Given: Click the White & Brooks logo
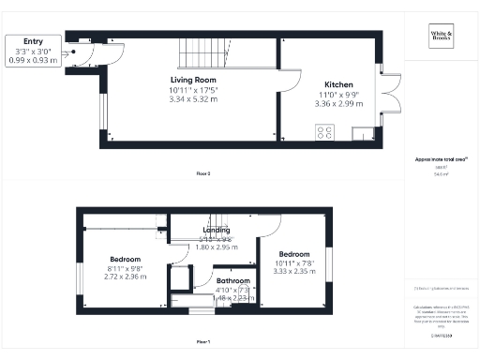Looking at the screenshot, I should tap(441, 37).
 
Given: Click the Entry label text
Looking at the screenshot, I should tap(33, 42).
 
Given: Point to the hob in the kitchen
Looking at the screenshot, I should tap(324, 133).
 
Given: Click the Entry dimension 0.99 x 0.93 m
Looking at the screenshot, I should tap(33, 60).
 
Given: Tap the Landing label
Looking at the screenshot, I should tap(217, 230).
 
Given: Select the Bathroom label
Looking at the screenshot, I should tap(232, 280).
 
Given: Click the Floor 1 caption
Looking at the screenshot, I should tap(203, 340).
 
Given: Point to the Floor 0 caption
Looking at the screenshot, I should tap(203, 173).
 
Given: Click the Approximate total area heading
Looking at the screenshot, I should tap(441, 159).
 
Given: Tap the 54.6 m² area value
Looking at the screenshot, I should tap(441, 174).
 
